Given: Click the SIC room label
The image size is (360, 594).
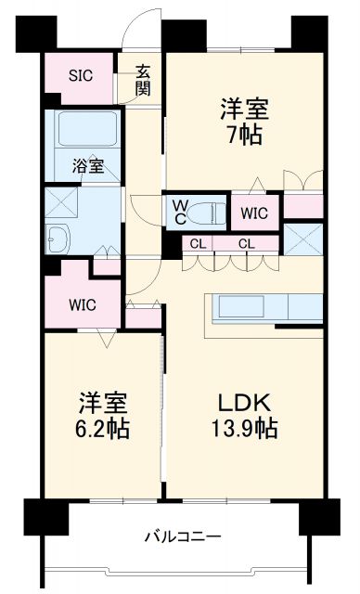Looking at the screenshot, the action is [x=81, y=75].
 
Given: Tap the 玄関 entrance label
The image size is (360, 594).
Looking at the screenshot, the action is [x=143, y=80].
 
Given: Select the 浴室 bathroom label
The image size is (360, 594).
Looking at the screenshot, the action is [x=88, y=166].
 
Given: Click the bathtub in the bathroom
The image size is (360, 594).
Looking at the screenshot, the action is [x=87, y=128].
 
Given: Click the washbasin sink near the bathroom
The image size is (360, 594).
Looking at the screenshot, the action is [x=58, y=239].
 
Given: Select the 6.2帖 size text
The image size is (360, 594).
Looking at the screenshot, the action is [x=102, y=428].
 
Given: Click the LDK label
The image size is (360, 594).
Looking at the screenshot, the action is [x=244, y=403].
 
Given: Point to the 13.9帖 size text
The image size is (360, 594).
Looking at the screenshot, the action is [x=244, y=429].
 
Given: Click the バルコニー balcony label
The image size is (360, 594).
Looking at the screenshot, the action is [x=183, y=536].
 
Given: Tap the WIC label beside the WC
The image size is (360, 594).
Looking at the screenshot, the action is [x=254, y=213].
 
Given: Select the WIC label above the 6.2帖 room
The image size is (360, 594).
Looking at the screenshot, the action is [x=83, y=305].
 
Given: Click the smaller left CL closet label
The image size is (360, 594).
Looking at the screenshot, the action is [x=198, y=244].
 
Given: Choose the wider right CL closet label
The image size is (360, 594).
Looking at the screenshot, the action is [x=247, y=244].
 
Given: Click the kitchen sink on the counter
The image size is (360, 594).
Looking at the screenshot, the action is [x=241, y=306].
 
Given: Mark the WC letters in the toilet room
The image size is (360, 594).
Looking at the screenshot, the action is [x=180, y=213].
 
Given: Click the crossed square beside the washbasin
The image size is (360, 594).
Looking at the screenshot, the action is [x=61, y=202].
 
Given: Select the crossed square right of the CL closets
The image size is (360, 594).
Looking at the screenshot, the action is [x=303, y=239].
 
